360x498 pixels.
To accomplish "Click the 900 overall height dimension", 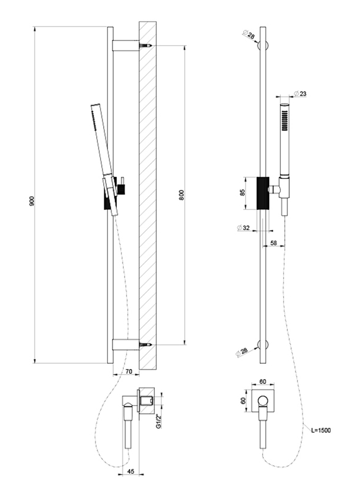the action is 32,201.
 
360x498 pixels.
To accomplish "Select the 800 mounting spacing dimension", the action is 182,195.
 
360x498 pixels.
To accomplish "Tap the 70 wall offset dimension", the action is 128,371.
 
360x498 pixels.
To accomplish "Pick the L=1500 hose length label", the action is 321,431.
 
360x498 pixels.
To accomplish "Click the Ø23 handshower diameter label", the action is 300,94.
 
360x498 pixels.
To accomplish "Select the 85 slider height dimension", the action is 243,193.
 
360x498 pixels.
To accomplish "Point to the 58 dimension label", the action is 274,243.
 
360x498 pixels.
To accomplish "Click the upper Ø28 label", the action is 249,35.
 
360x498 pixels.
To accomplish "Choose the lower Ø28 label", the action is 242,352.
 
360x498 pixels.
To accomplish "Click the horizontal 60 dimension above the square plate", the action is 263,382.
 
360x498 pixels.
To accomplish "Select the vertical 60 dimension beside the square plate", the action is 243,401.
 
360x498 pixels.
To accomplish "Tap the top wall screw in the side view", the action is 145,46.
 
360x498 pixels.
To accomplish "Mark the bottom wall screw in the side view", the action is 145,344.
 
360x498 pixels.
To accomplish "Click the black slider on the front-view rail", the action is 263,193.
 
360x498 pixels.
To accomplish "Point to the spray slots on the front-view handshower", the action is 285,120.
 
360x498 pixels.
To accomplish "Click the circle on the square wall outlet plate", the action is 263,401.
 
